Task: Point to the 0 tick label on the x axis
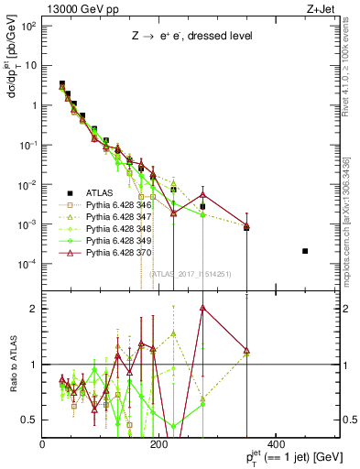point(43,444)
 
